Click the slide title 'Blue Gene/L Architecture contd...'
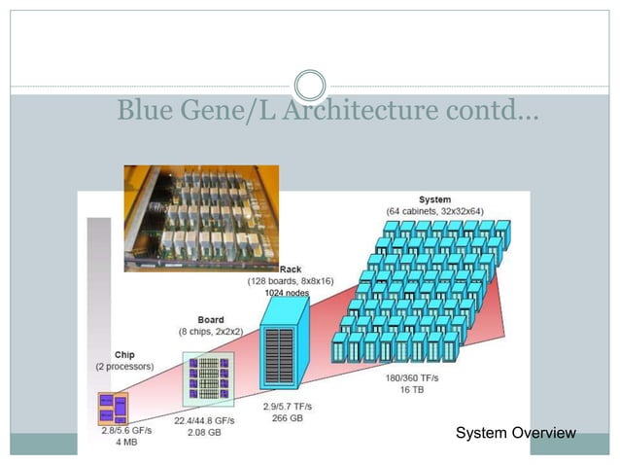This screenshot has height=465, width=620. coord(328,111)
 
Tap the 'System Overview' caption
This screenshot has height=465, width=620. coord(515,433)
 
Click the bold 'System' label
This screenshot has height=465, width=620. coord(434,199)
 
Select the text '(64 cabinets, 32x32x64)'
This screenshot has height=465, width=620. coord(434,211)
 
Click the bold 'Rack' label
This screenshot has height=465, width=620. coord(291,268)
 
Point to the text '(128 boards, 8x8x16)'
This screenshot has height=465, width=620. coord(291,280)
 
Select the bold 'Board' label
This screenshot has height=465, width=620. coord(211,319)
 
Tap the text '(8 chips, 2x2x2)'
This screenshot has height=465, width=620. coord(211,331)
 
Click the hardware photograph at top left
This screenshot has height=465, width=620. coord(200,217)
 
